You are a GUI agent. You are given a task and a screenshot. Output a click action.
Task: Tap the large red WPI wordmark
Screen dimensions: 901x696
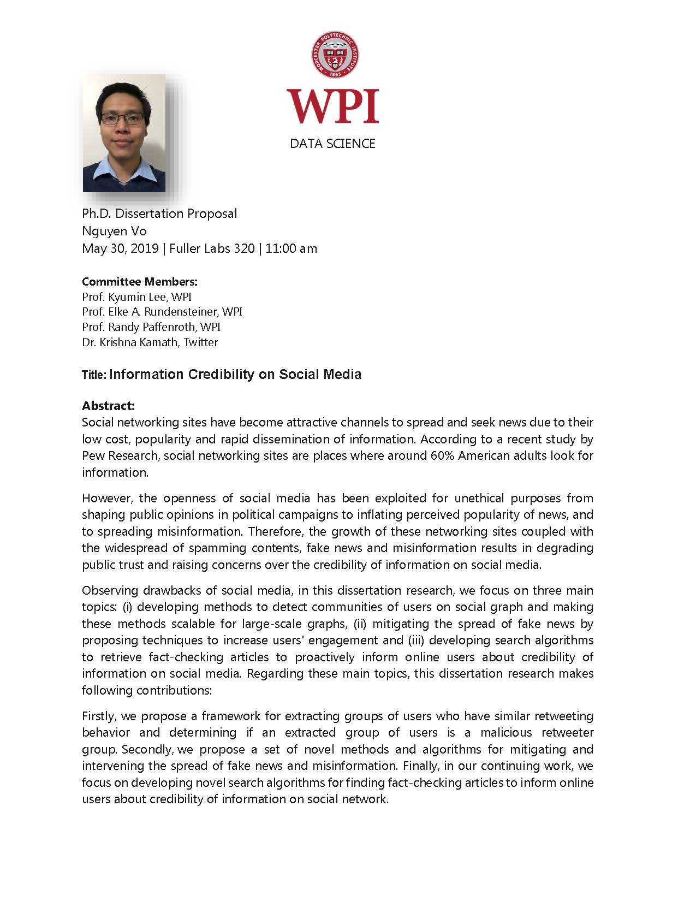point(333,106)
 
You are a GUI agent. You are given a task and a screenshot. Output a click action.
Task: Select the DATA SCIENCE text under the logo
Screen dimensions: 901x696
point(332,144)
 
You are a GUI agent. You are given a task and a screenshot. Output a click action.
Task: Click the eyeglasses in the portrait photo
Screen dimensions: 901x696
point(123,118)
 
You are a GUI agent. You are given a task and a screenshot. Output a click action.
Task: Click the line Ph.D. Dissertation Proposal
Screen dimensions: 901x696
point(159,214)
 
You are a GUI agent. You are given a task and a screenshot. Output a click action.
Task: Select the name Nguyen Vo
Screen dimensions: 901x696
point(114,231)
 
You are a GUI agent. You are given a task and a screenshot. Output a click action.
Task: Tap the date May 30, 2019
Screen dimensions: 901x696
point(120,248)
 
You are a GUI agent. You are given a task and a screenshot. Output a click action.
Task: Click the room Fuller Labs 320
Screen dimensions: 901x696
point(212,248)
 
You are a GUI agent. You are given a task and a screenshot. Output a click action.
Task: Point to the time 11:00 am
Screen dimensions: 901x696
point(291,248)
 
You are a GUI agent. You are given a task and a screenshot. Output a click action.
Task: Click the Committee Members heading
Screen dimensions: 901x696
point(139,282)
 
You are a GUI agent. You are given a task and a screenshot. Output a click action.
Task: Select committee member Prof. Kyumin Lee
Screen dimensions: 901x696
point(136,297)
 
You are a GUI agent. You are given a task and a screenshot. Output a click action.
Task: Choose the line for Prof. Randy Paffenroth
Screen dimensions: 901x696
point(151,327)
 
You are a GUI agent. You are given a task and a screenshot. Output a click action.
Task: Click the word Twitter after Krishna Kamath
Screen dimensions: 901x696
point(201,342)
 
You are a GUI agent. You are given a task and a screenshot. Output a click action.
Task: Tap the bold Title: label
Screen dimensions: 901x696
point(94,375)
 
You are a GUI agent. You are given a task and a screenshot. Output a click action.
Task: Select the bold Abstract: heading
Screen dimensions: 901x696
point(108,406)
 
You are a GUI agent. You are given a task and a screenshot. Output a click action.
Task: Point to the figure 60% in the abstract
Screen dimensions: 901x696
point(442,455)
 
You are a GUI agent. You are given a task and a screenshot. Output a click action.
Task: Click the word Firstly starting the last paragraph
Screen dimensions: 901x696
point(99,716)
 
